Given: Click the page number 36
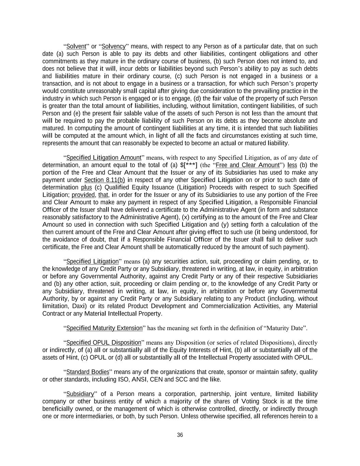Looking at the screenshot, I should coord(180,435).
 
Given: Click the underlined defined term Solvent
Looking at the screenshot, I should coord(76,46).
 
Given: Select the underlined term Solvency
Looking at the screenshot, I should coord(114,46).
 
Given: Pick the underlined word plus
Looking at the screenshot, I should coord(87,187).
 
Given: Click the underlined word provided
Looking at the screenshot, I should coord(83,195).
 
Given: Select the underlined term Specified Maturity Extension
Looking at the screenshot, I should coord(104,328).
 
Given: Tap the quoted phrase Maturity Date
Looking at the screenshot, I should coord(286,328).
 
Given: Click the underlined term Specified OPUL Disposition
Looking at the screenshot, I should coord(104,342).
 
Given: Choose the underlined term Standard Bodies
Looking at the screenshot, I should coord(88,372).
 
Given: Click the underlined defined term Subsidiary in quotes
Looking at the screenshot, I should coord(80,394).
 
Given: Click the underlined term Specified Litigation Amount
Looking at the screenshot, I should coord(104,158).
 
